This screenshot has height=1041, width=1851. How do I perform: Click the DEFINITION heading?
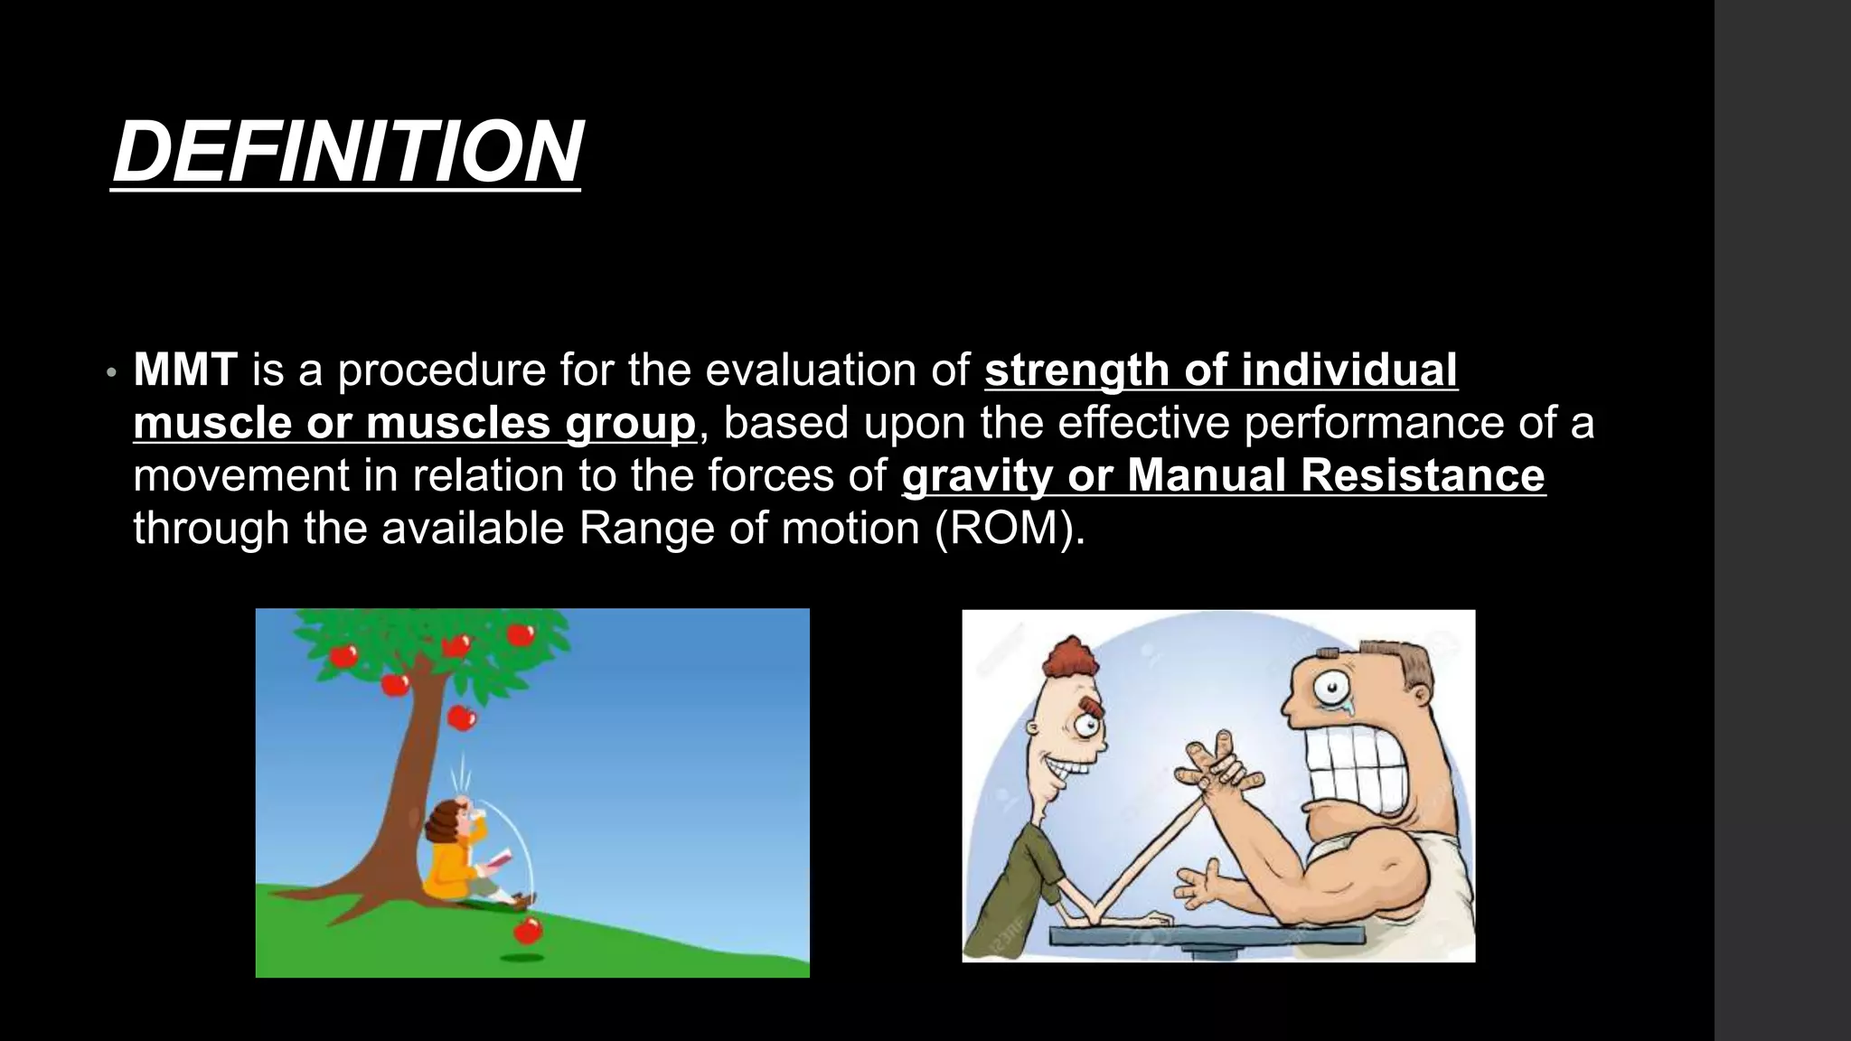point(347,152)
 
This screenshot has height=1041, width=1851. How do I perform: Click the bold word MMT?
point(185,370)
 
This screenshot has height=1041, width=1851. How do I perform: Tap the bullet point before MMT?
point(111,372)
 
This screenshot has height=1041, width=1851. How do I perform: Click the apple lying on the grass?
point(528,928)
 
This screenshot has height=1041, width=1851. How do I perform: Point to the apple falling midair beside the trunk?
point(462,718)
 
